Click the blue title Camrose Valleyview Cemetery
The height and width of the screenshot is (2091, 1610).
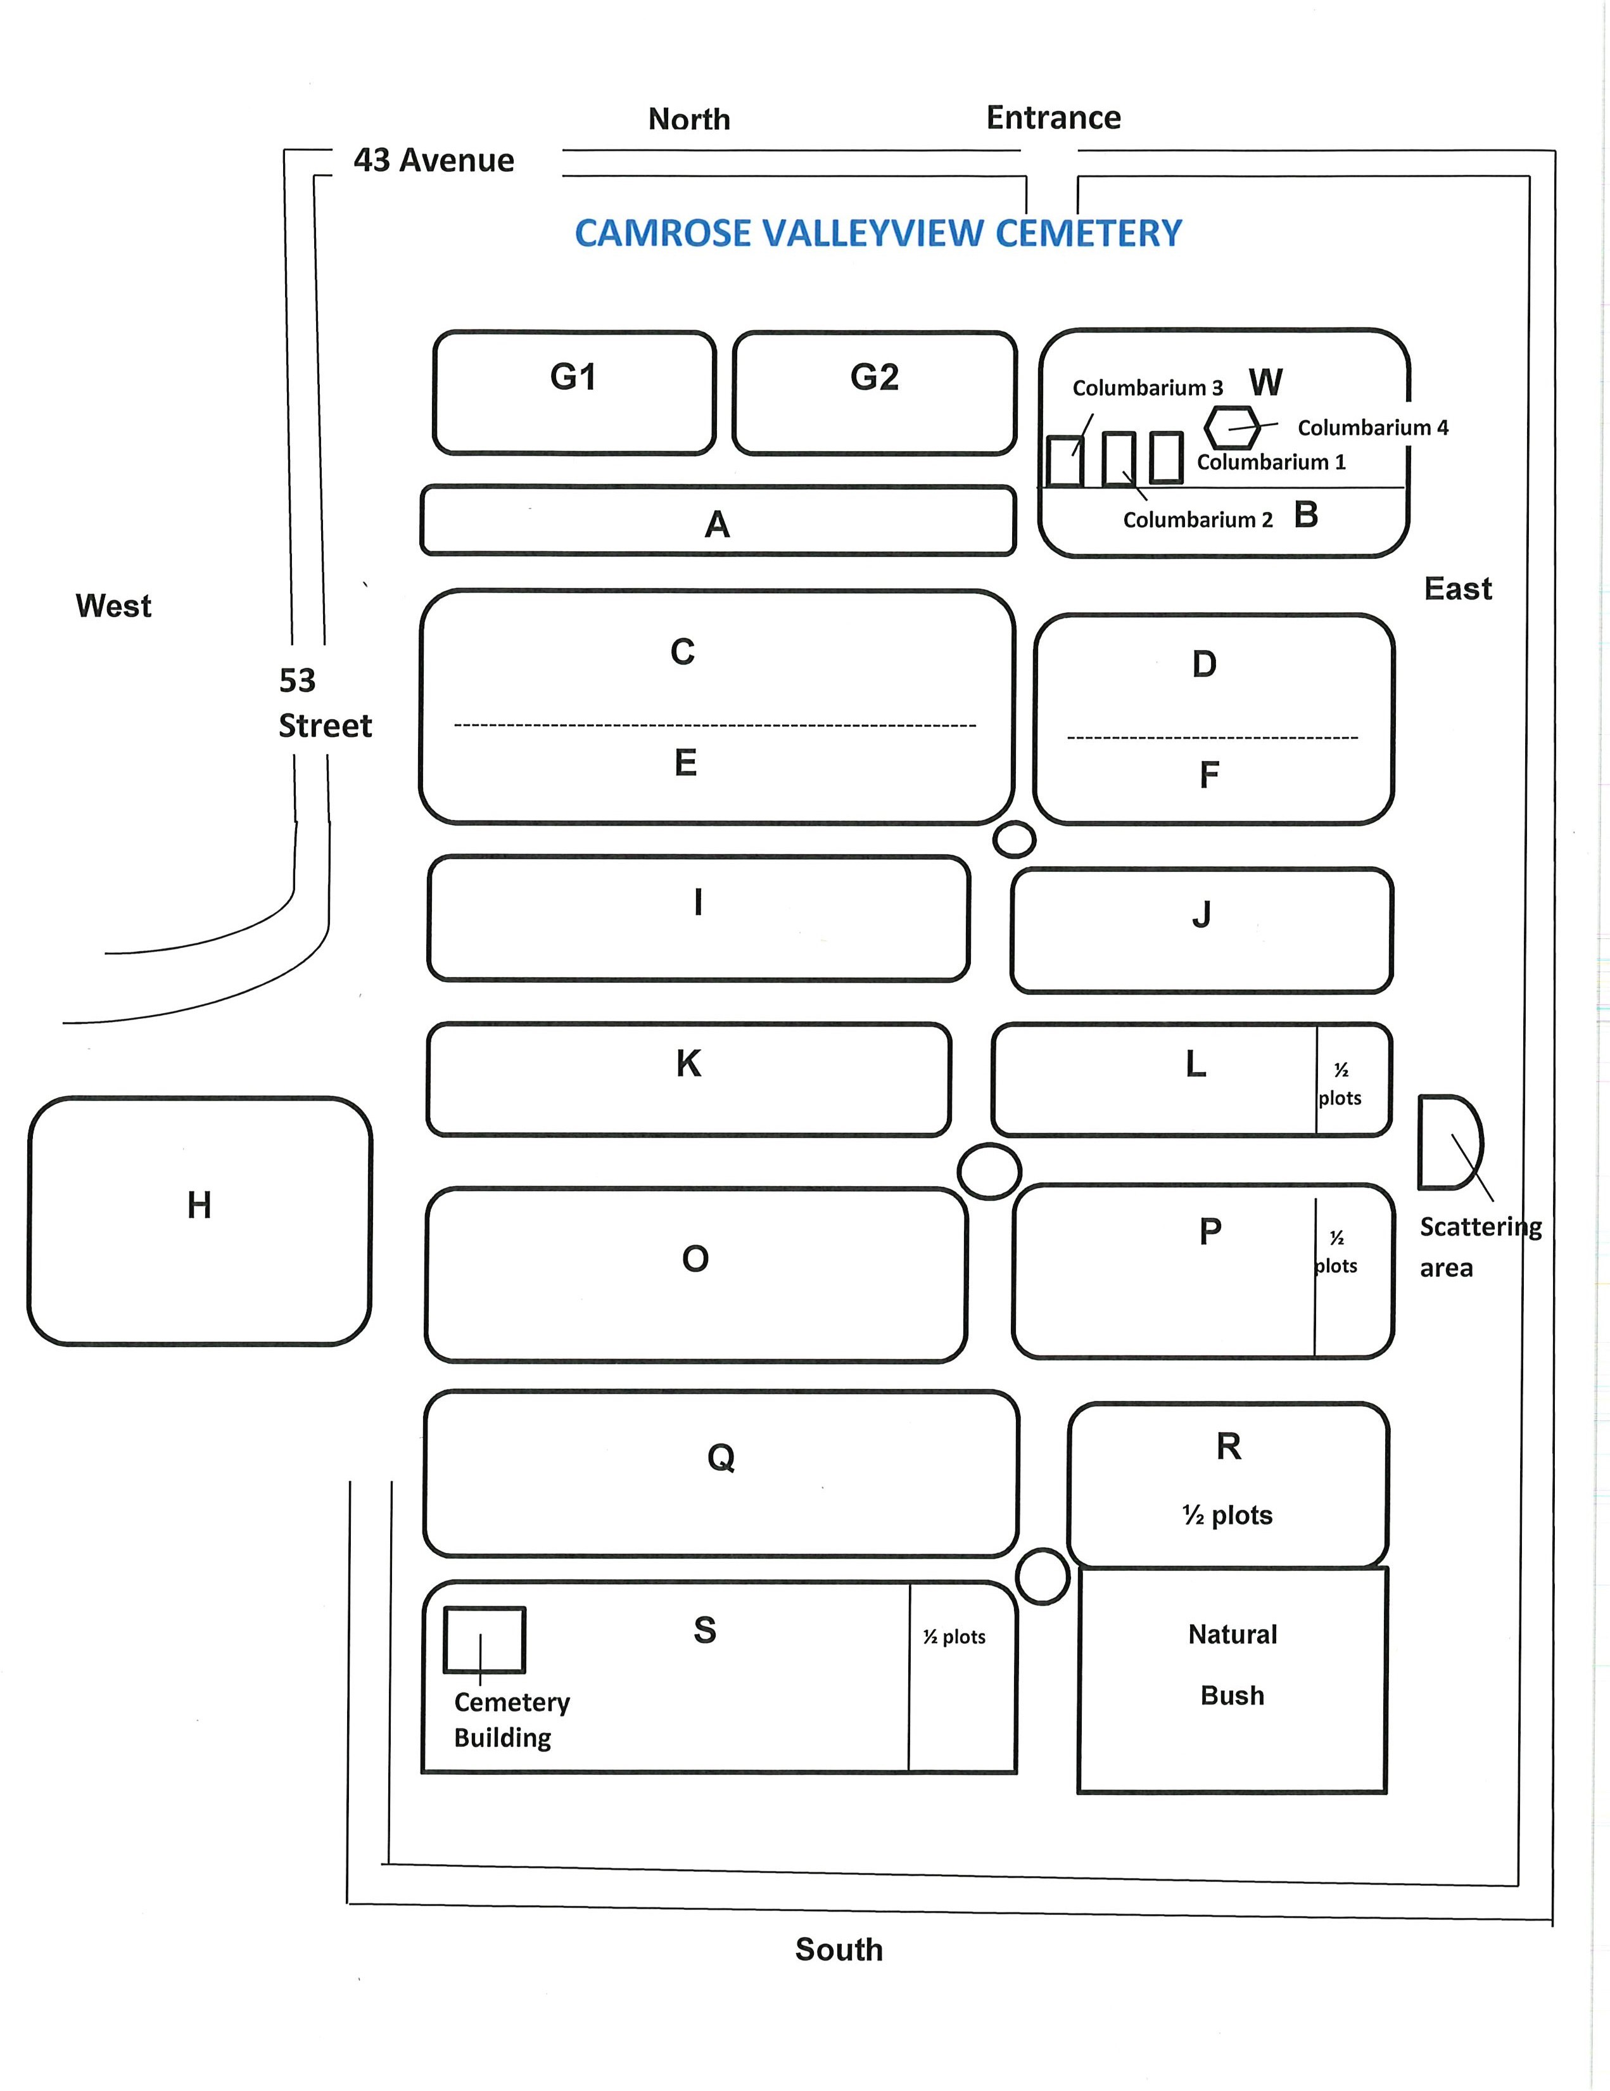click(x=878, y=233)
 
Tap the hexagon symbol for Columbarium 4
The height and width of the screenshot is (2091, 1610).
click(x=1231, y=427)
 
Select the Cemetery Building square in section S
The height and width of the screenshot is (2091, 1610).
click(x=485, y=1639)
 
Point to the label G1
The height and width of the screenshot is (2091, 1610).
click(x=573, y=376)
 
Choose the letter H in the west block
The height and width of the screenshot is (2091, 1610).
click(x=199, y=1205)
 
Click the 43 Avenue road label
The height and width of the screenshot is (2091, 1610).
click(x=434, y=160)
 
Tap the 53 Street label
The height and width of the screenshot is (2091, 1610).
click(x=324, y=703)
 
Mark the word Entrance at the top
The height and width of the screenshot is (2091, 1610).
click(x=1053, y=118)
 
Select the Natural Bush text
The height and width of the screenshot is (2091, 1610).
click(x=1232, y=1664)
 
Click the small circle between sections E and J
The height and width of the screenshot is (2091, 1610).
click(x=1013, y=840)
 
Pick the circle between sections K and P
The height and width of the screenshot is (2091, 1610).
click(x=989, y=1170)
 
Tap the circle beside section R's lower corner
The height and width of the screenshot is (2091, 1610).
click(x=1041, y=1576)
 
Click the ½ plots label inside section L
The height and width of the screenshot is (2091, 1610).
click(x=1340, y=1084)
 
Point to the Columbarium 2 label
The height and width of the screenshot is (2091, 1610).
click(x=1198, y=520)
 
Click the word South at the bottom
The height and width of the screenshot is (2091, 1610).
click(x=839, y=1949)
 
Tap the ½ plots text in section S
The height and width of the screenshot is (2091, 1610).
click(x=954, y=1636)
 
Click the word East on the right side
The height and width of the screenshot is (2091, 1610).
click(x=1457, y=588)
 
